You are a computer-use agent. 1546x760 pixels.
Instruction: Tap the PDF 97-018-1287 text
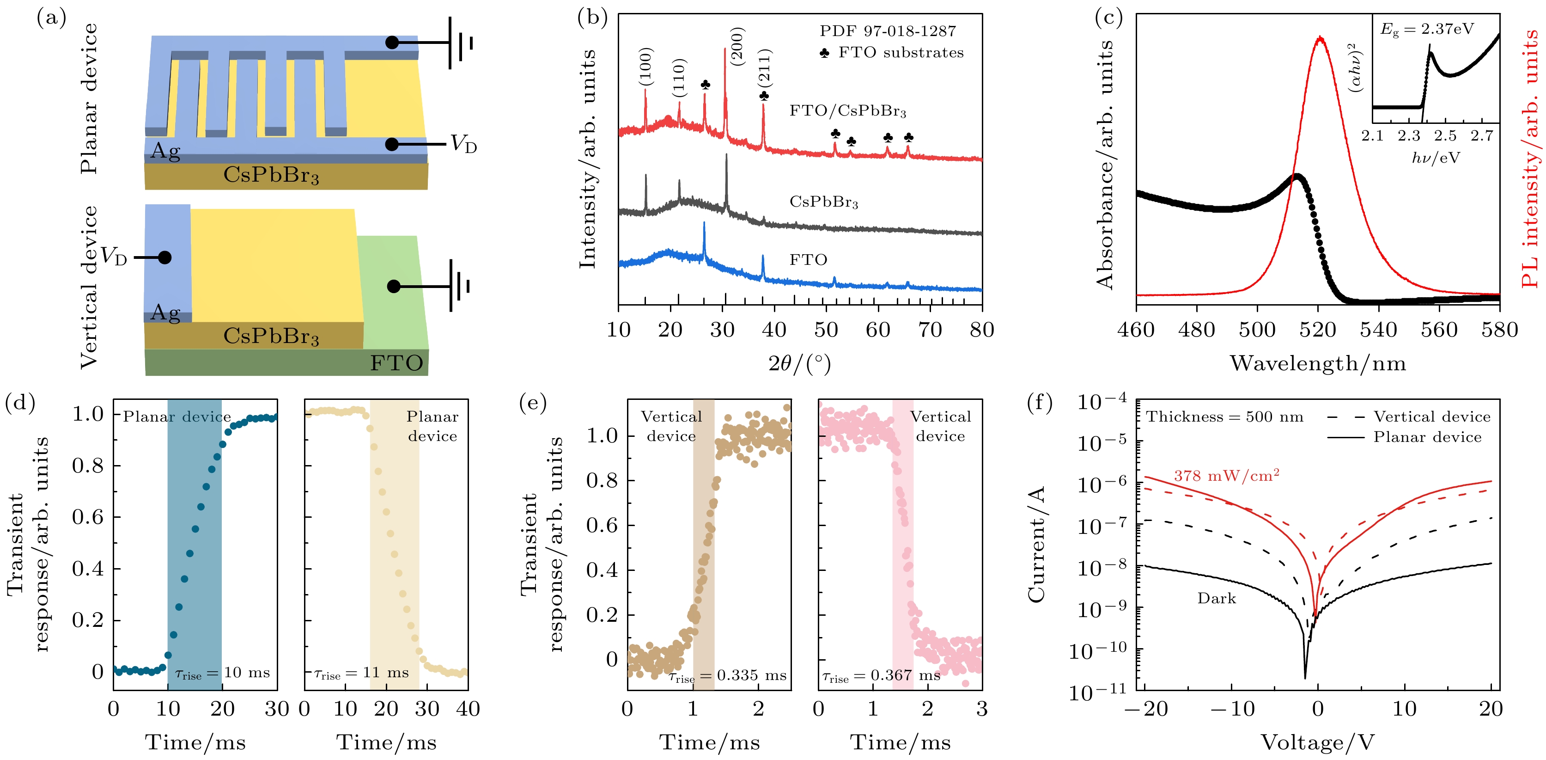(888, 31)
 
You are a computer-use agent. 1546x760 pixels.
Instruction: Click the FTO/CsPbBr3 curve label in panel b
(847, 111)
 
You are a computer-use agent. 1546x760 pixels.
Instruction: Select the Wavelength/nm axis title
(1318, 364)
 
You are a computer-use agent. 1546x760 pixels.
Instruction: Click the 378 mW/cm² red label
(1226, 476)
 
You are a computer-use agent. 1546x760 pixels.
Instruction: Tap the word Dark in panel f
(1217, 599)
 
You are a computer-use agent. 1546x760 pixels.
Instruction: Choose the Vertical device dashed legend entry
(1408, 417)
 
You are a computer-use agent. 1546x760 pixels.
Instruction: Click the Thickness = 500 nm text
(1224, 417)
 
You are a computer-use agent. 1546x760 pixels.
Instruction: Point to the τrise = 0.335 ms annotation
(727, 676)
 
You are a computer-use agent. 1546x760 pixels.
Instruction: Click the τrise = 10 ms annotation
(222, 674)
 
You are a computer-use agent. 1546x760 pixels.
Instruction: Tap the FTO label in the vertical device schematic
(396, 363)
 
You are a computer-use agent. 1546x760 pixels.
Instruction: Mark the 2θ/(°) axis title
(799, 364)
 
